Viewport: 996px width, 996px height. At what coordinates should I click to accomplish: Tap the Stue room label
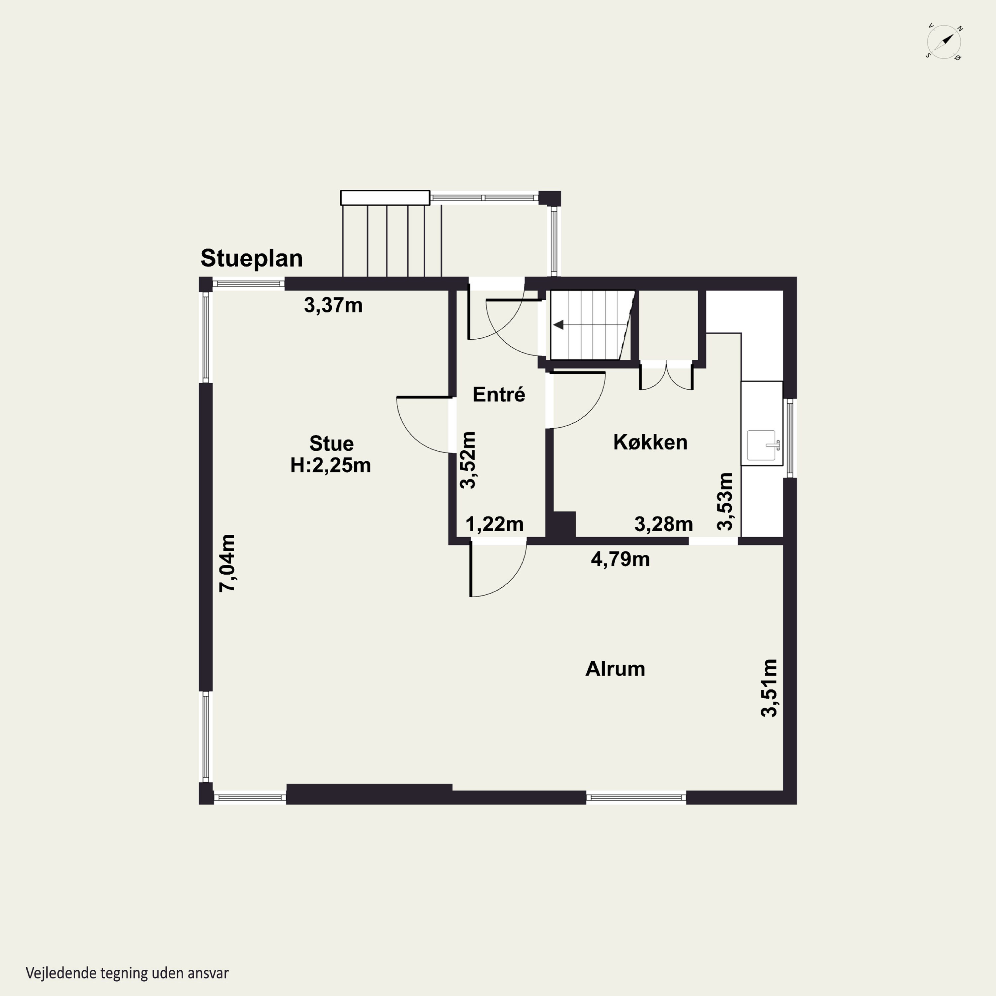pyautogui.click(x=331, y=443)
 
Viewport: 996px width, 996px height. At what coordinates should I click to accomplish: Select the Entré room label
pyautogui.click(x=499, y=394)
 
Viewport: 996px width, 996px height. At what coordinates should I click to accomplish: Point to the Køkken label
pyautogui.click(x=650, y=442)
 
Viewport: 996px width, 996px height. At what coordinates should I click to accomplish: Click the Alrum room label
pyautogui.click(x=615, y=669)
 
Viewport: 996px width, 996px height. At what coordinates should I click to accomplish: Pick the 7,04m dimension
pyautogui.click(x=227, y=563)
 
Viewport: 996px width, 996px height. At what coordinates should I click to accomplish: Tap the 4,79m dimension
pyautogui.click(x=620, y=559)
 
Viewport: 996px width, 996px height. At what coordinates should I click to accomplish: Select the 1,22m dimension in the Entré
pyautogui.click(x=494, y=524)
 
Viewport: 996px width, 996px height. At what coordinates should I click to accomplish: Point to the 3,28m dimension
pyautogui.click(x=663, y=524)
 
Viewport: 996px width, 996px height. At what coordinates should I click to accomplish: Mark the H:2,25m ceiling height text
pyautogui.click(x=330, y=465)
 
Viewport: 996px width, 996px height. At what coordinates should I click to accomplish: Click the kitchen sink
pyautogui.click(x=762, y=445)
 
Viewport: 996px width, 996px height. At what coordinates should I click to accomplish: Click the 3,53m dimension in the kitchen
pyautogui.click(x=725, y=502)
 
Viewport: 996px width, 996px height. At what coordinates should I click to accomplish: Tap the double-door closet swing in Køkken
pyautogui.click(x=666, y=376)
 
